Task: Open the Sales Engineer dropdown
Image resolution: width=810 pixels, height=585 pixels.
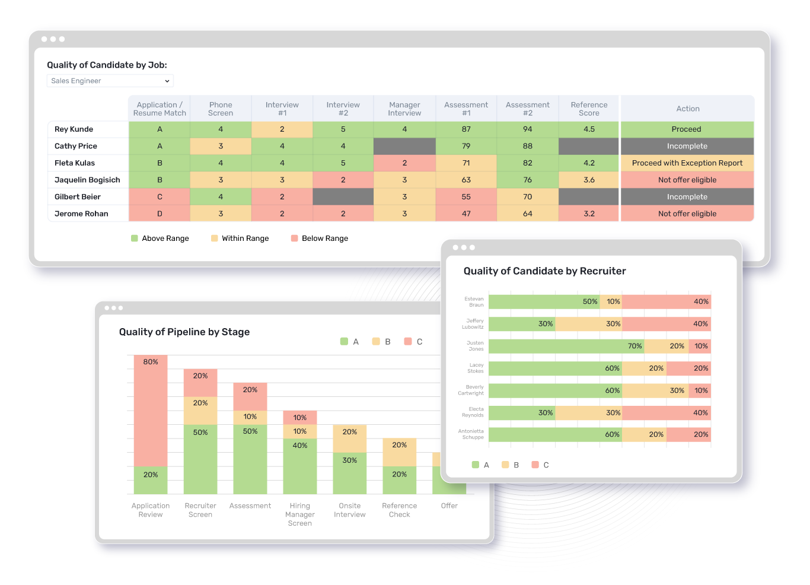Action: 110,81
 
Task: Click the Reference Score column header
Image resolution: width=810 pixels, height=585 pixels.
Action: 588,109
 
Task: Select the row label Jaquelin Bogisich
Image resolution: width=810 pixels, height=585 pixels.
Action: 87,180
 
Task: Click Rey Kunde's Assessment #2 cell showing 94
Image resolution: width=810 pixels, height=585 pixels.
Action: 527,129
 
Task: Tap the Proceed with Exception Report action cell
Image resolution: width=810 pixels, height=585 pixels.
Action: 687,163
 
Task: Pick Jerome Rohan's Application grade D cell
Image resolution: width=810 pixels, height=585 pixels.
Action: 160,214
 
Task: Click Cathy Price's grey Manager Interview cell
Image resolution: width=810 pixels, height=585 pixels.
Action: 404,146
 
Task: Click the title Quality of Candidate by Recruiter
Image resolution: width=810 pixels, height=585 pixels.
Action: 544,271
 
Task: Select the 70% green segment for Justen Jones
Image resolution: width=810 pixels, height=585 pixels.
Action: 566,346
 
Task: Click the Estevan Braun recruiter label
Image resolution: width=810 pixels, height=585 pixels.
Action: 474,302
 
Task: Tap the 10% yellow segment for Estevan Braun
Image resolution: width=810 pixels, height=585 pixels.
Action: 611,301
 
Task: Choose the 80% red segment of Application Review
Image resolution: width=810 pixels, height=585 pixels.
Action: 151,411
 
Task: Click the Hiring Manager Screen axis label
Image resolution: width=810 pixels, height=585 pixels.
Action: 299,514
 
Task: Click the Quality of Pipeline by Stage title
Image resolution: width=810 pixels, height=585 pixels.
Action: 184,332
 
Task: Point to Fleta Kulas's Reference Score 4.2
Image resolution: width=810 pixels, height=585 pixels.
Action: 588,163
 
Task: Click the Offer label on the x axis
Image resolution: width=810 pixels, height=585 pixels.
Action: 449,506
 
